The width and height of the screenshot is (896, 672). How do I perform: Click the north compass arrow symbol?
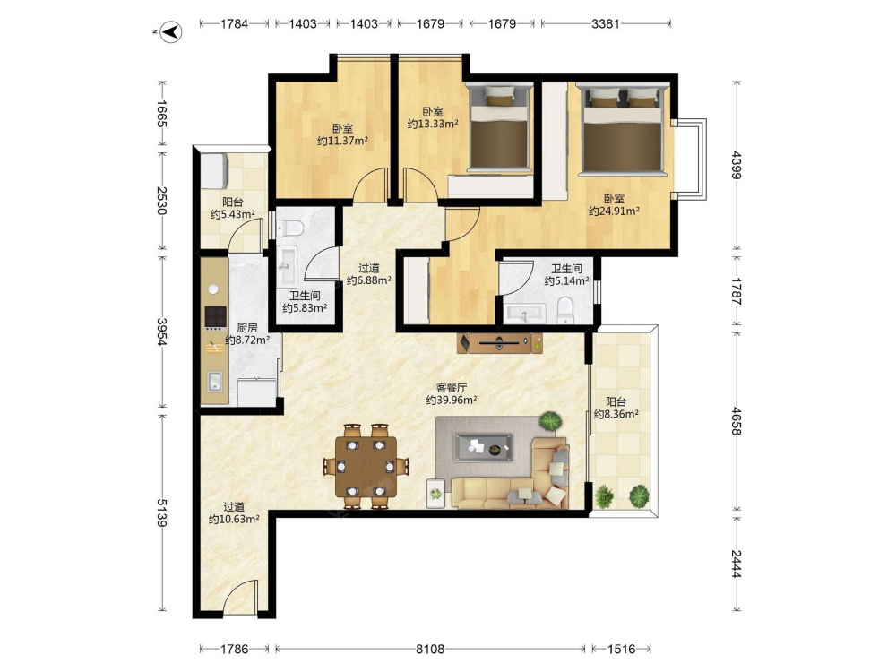170,31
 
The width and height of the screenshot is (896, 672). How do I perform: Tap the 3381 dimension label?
605,23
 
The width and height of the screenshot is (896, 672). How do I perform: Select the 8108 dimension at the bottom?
430,649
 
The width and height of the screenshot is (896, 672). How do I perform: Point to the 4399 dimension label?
736,165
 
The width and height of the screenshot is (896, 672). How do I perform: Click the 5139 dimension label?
162,513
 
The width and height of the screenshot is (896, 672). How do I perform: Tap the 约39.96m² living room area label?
452,400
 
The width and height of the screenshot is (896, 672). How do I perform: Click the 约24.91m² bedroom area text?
614,211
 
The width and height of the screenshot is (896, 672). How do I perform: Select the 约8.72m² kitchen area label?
247,340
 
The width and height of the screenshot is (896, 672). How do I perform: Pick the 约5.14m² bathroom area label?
566,280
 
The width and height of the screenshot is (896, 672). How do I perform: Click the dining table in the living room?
366,466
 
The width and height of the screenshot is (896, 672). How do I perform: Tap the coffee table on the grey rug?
483,448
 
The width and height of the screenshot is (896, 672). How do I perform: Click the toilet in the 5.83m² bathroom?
289,228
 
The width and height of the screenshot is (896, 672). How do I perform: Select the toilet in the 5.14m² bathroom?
565,310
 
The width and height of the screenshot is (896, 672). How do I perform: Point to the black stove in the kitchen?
215,316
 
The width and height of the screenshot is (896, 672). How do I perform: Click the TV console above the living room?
500,343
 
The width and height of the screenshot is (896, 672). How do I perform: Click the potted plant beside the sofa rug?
550,421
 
